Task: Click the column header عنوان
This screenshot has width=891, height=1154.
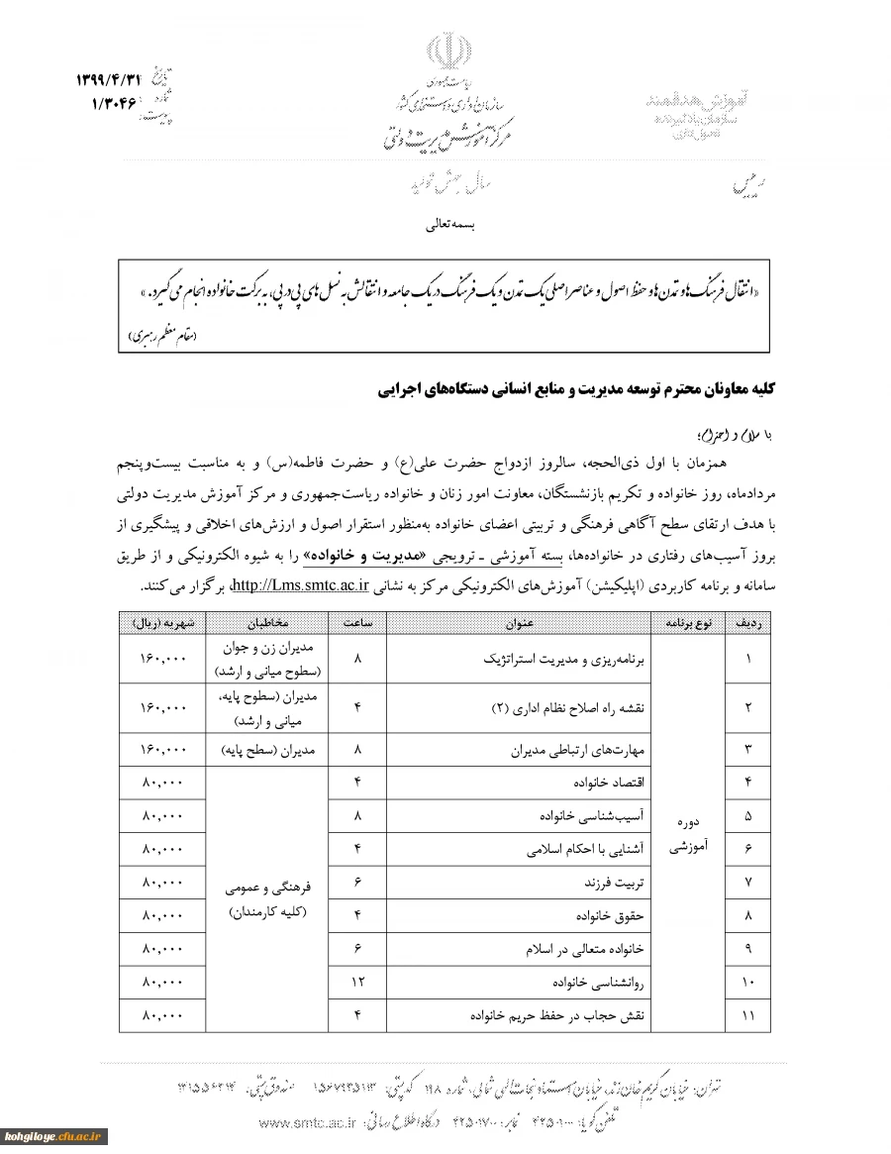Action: pos(517,623)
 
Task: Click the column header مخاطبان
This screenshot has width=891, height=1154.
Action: pos(265,623)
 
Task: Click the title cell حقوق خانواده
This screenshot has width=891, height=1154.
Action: pos(616,915)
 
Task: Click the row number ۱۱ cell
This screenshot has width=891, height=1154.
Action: pos(747,1016)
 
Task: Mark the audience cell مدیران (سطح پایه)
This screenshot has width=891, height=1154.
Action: pos(265,750)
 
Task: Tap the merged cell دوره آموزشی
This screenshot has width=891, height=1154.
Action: pos(688,834)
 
